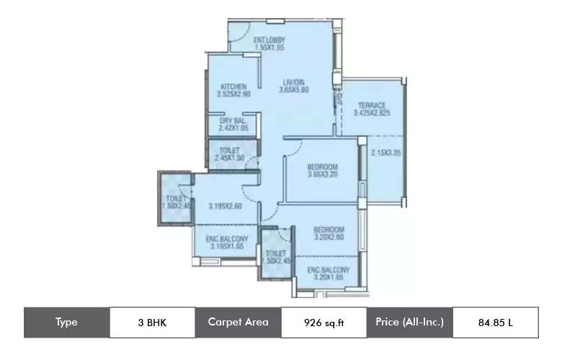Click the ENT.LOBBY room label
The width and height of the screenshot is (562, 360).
point(269,40)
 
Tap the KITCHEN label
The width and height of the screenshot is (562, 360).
point(233,86)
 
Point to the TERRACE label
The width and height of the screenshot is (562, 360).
point(371,105)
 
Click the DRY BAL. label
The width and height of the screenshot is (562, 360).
point(233,120)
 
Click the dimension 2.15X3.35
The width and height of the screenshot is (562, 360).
point(385,153)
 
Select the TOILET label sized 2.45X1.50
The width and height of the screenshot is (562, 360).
point(228,150)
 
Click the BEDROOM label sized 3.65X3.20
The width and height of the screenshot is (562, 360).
point(322,167)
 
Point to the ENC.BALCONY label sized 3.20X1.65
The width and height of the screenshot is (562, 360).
point(328,270)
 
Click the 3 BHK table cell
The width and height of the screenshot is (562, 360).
point(152,323)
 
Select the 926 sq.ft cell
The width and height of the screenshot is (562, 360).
point(324,323)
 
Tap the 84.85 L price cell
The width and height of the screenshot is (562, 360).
point(495,323)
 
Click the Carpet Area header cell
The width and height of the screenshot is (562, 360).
point(238,323)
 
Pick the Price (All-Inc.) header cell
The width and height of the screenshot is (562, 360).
point(409,323)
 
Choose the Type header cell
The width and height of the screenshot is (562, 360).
point(66,323)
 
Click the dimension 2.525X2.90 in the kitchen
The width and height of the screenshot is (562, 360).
point(233,94)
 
